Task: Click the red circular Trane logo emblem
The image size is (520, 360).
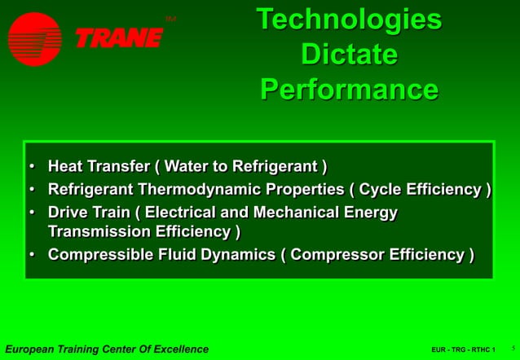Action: [34, 38]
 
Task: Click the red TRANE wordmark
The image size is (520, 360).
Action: [119, 37]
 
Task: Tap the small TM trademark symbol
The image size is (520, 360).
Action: [170, 18]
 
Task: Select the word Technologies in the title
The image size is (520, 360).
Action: [349, 20]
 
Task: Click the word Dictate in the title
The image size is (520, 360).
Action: [349, 55]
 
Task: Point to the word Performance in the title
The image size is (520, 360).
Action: [349, 89]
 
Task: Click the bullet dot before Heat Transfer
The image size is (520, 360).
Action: [32, 167]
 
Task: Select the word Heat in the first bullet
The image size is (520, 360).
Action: [65, 167]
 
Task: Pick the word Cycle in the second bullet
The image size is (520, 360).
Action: [381, 190]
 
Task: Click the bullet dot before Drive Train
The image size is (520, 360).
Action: [32, 213]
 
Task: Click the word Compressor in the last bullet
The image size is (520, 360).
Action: [337, 255]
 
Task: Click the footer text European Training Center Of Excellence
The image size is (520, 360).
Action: [106, 349]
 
